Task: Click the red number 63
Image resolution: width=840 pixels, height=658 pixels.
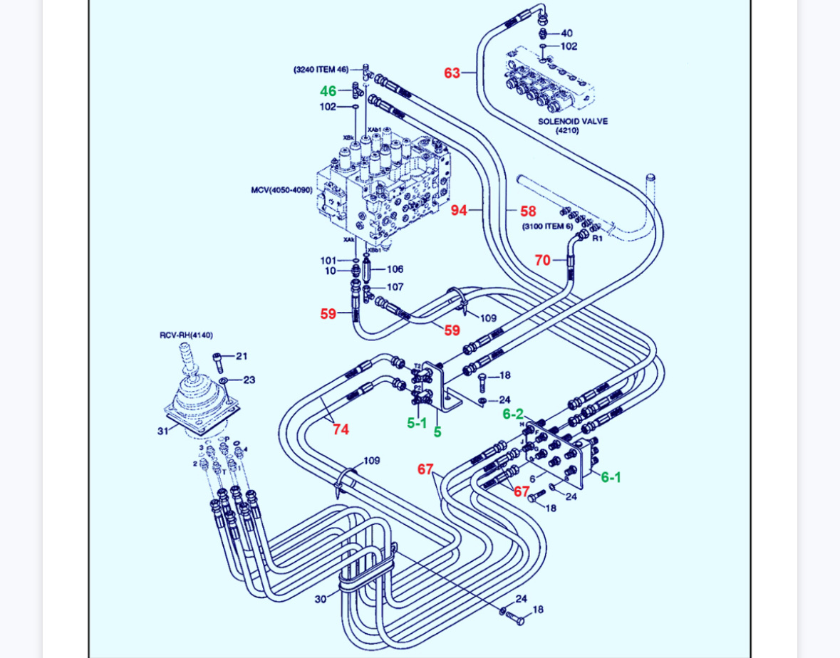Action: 452,73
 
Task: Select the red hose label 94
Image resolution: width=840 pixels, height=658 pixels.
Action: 459,210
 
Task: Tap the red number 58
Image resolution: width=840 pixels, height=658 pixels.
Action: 528,211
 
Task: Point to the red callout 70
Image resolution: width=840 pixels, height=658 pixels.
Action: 542,261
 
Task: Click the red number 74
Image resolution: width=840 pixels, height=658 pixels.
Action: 341,429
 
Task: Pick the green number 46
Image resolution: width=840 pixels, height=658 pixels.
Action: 328,91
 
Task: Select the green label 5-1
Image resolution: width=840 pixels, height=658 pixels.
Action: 417,423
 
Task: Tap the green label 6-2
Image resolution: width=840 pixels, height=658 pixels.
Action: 513,414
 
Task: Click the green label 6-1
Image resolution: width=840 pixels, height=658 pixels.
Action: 611,477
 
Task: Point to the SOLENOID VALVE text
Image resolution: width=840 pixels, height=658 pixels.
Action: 573,121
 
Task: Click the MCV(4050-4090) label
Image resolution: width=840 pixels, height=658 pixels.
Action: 281,190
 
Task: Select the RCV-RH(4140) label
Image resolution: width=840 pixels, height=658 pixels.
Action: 186,335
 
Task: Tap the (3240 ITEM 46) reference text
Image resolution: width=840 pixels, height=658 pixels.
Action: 321,69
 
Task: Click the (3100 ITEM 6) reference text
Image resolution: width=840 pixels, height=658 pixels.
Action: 547,226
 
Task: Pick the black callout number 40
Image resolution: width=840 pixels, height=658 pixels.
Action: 566,33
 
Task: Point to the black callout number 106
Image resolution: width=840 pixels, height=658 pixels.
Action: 395,269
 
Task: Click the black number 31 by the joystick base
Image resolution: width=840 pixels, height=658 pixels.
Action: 163,431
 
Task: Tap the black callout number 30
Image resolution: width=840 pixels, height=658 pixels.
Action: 321,599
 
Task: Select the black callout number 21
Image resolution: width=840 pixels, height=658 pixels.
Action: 242,356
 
